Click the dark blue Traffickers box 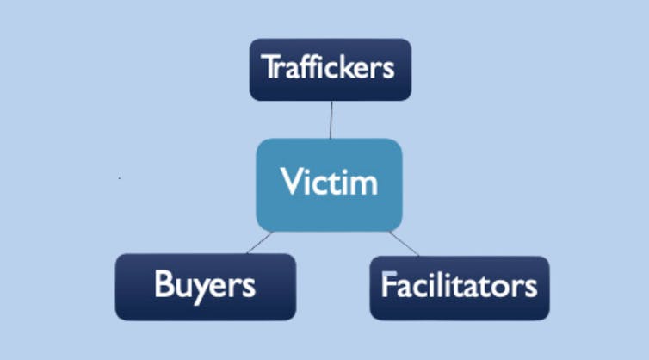pyautogui.click(x=329, y=69)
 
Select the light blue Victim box pyautogui.click(x=329, y=182)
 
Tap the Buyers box pyautogui.click(x=205, y=286)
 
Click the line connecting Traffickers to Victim pyautogui.click(x=331, y=120)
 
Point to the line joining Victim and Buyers pyautogui.click(x=259, y=242)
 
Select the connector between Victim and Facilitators pyautogui.click(x=405, y=243)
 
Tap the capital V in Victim pyautogui.click(x=291, y=183)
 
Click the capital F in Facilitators pyautogui.click(x=387, y=284)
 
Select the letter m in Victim pyautogui.click(x=366, y=183)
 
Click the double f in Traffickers pyautogui.click(x=302, y=66)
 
